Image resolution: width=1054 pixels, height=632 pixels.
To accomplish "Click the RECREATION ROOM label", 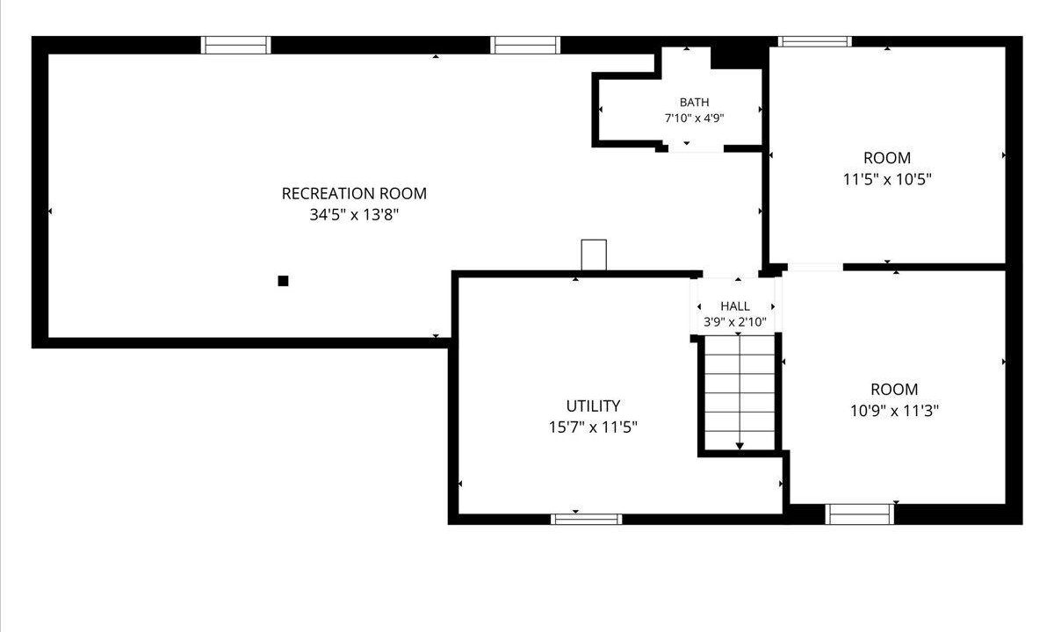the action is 354,193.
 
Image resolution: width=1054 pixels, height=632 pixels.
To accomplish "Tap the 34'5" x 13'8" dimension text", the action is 354,215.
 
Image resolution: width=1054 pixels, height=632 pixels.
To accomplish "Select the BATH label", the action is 694,102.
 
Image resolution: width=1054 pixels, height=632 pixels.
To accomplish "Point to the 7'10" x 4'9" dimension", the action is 694,118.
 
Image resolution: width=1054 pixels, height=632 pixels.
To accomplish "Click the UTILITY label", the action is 593,406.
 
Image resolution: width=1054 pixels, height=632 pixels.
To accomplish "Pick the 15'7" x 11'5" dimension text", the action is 593,427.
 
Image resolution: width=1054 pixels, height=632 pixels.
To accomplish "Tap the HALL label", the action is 735,306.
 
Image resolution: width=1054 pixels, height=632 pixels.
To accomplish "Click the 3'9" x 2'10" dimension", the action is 735,322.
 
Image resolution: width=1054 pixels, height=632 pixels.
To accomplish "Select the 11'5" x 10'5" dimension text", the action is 887,179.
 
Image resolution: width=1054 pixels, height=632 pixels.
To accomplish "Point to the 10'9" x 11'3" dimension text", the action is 894,411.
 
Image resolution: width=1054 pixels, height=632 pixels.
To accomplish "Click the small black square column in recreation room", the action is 283,281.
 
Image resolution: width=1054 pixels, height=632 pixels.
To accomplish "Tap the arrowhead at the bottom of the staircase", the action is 740,446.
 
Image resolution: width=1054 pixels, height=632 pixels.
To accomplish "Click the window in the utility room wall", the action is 587,519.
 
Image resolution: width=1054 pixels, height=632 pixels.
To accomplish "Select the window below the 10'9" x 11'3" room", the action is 860,514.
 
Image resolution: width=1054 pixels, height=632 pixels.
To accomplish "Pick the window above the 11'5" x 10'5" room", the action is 814,41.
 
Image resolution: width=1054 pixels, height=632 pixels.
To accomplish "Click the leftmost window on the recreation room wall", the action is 235,45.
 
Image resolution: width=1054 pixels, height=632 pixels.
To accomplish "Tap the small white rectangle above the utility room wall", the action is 594,255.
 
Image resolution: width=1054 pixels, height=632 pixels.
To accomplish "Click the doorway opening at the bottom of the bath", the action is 696,148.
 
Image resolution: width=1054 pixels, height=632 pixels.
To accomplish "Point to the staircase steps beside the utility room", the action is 740,392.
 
